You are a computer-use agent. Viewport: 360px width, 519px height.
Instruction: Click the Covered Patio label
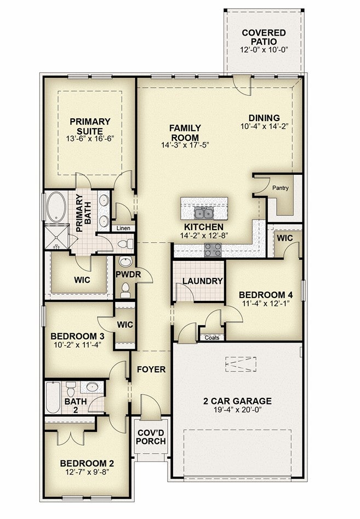pos(264,37)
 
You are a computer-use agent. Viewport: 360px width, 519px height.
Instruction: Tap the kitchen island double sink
pos(203,214)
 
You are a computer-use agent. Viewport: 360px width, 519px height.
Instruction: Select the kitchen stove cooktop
pos(213,250)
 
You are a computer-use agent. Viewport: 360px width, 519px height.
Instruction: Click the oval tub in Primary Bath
pos(55,207)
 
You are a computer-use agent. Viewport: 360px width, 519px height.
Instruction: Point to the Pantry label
pos(280,188)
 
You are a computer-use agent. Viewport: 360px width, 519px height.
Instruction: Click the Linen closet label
pos(123,228)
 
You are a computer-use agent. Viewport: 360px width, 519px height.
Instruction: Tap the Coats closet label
pos(212,338)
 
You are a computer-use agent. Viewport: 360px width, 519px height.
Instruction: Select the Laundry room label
pos(203,281)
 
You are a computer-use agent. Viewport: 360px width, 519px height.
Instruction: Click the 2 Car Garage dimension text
pos(237,409)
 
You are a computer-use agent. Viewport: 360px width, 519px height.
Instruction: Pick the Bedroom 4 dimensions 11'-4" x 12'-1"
pos(266,303)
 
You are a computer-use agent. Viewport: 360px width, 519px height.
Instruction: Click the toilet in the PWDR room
pos(125,290)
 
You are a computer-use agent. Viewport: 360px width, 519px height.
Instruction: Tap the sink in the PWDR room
pos(125,262)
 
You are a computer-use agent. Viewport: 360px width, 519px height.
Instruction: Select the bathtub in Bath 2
pos(53,397)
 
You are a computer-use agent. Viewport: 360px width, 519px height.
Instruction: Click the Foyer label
pos(151,369)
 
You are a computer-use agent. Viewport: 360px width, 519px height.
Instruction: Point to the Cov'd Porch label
pos(151,437)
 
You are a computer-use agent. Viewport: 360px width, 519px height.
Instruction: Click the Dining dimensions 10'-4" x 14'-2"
pos(265,126)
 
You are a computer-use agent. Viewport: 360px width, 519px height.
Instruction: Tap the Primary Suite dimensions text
pos(90,139)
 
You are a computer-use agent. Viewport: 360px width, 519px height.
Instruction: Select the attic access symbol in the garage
pos(241,364)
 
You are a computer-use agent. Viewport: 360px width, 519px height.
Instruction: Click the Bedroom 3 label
pos(77,337)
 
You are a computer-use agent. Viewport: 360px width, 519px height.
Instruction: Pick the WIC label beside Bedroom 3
pos(125,324)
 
